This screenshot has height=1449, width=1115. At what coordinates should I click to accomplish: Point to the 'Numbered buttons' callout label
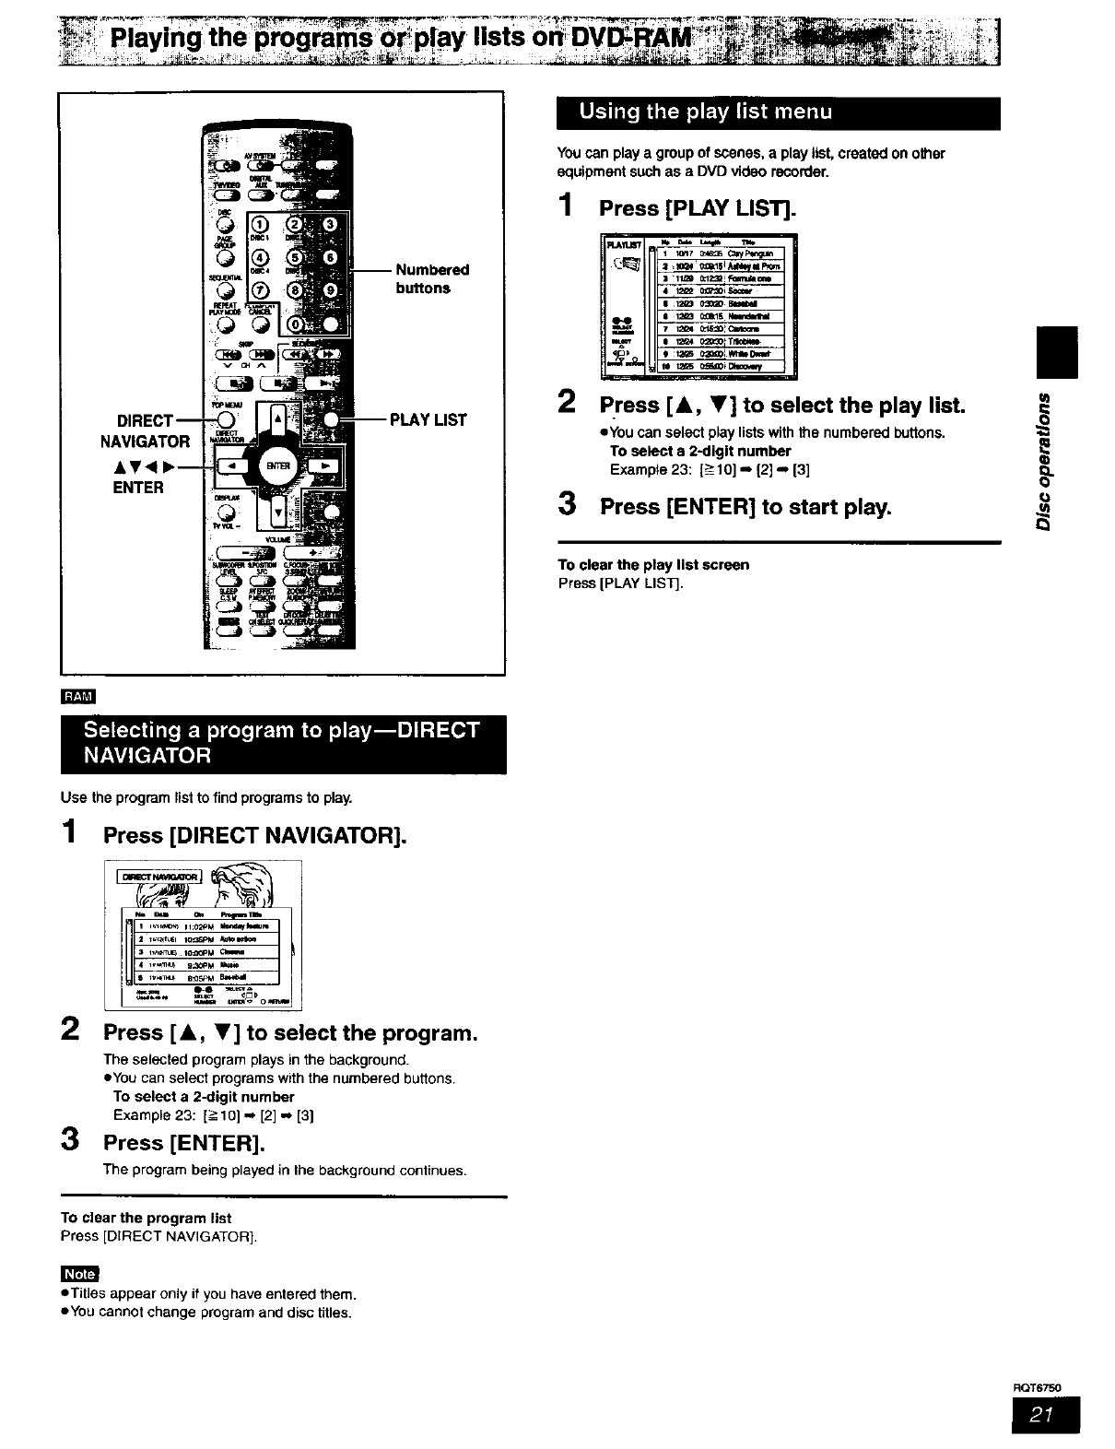click(431, 278)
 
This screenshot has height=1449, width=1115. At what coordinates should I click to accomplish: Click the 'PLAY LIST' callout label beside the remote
click(428, 420)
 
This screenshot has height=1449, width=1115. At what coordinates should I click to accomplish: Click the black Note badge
click(79, 1274)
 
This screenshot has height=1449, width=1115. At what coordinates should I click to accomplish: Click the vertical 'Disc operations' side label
click(1045, 461)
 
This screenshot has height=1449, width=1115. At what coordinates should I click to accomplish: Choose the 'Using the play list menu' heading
click(705, 112)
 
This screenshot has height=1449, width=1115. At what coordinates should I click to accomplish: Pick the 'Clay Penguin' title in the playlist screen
click(754, 253)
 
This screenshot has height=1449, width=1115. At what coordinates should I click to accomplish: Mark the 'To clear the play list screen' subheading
click(653, 564)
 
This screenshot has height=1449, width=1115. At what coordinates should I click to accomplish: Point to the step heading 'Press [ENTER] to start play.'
click(745, 507)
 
